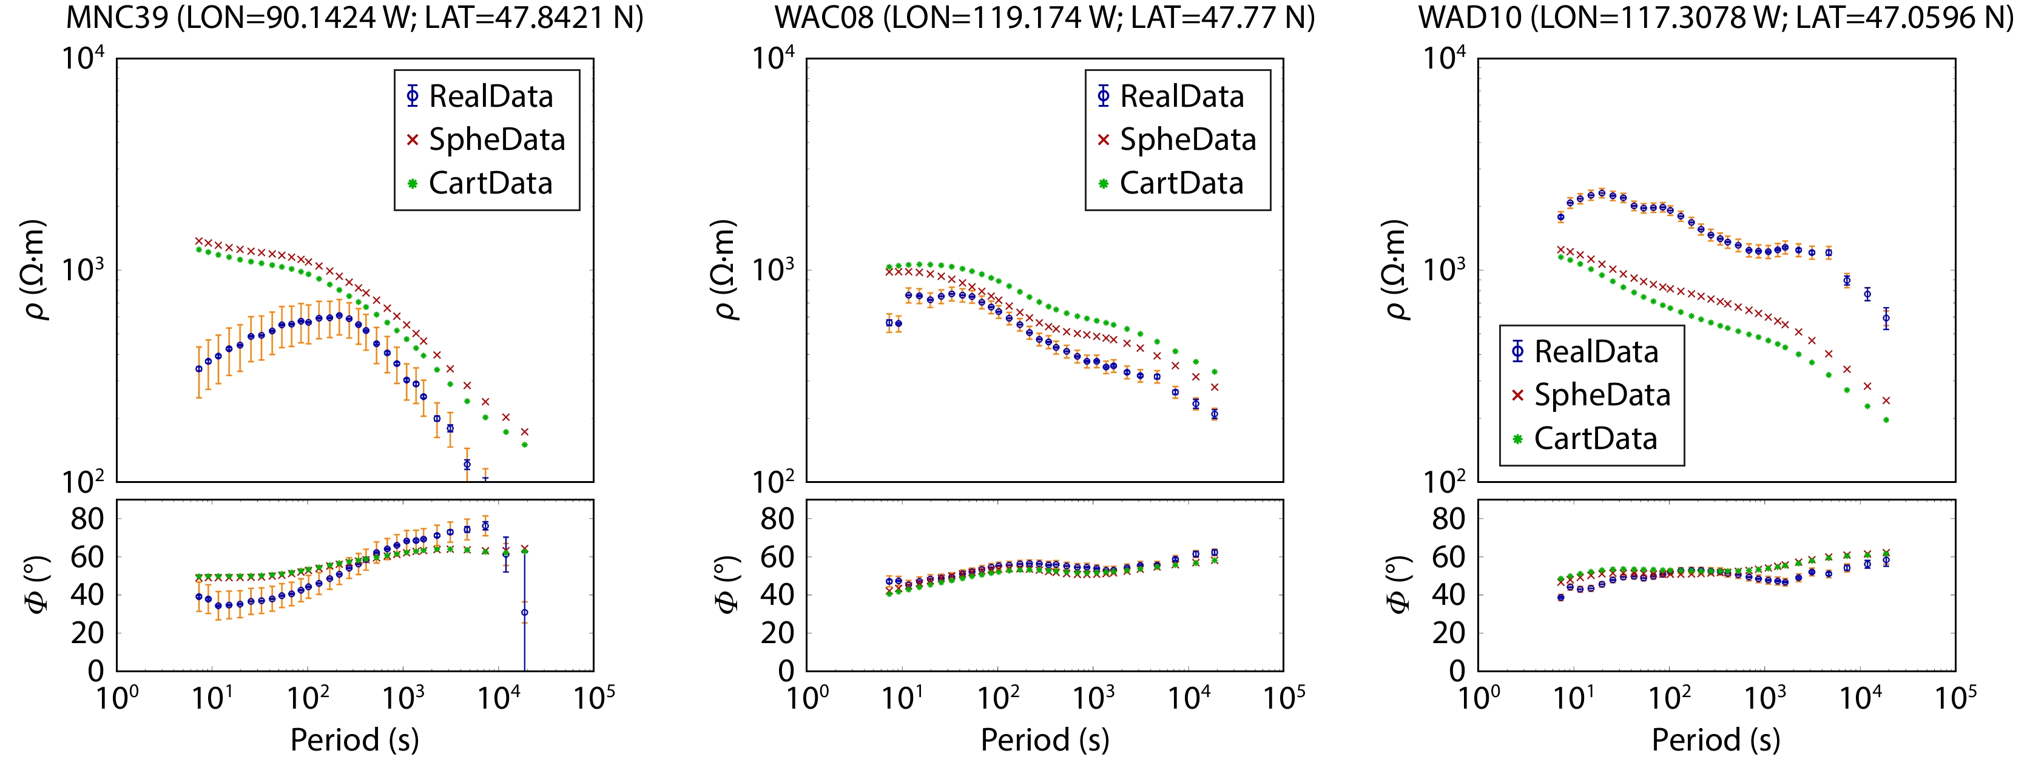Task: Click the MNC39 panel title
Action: [x=355, y=18]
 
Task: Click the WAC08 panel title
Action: [x=1045, y=18]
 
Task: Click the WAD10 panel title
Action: [x=1716, y=18]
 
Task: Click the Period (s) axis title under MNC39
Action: [x=355, y=740]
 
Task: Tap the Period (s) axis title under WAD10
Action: [x=1716, y=740]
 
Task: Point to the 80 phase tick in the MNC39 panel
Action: [x=87, y=519]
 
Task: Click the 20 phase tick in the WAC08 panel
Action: [x=777, y=632]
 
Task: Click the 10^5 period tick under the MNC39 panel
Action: [x=594, y=698]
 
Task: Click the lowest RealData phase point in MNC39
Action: [x=525, y=612]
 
